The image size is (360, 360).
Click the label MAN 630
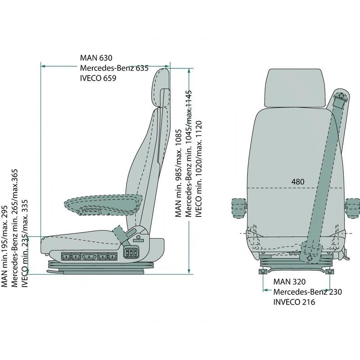[96, 58]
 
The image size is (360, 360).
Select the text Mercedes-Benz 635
[114, 68]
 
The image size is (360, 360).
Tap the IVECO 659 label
[98, 78]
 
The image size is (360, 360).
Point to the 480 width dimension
[297, 182]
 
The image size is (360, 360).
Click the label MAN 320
[289, 282]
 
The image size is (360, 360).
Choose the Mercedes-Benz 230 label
[308, 292]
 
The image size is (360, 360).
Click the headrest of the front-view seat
[295, 88]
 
